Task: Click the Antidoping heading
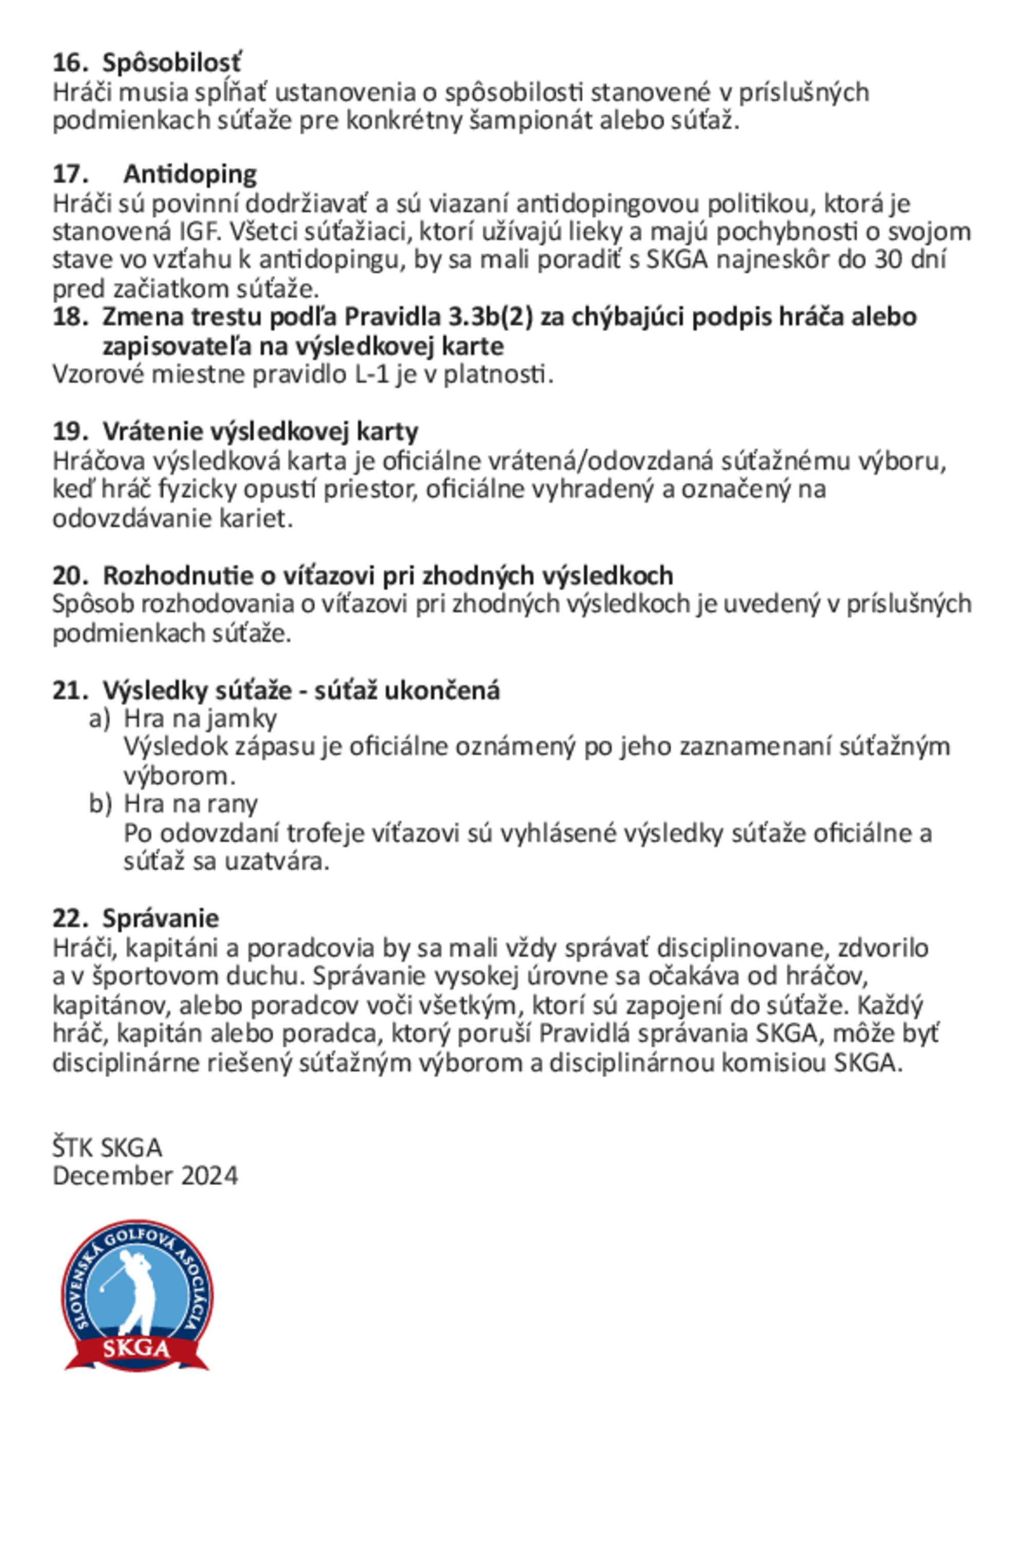click(190, 174)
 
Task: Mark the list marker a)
click(100, 719)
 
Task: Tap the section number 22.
click(69, 919)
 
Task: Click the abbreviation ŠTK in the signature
click(73, 1148)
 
